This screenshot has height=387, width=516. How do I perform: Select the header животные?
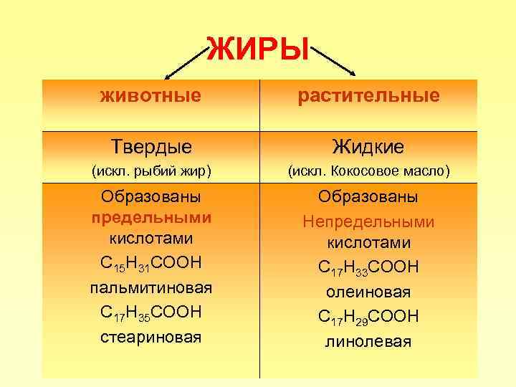[150, 95]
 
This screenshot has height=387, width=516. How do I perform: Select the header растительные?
[368, 95]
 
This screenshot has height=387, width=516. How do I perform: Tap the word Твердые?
[151, 147]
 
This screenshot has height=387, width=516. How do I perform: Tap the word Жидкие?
[368, 147]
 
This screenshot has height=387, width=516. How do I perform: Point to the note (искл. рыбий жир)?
[150, 171]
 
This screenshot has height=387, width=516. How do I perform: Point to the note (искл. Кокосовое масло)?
[368, 171]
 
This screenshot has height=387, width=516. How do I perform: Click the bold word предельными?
[151, 216]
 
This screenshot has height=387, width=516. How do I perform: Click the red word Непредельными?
[368, 222]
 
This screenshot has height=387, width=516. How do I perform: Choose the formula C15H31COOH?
[151, 266]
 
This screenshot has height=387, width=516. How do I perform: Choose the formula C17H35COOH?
[151, 312]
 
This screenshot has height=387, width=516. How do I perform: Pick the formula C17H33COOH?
[368, 268]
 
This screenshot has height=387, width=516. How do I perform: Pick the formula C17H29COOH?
[368, 317]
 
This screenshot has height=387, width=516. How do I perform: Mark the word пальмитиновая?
[151, 288]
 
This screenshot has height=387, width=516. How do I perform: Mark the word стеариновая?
[151, 336]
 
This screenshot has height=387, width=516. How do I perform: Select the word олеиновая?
[368, 292]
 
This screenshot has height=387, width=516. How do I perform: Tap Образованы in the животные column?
[151, 196]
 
